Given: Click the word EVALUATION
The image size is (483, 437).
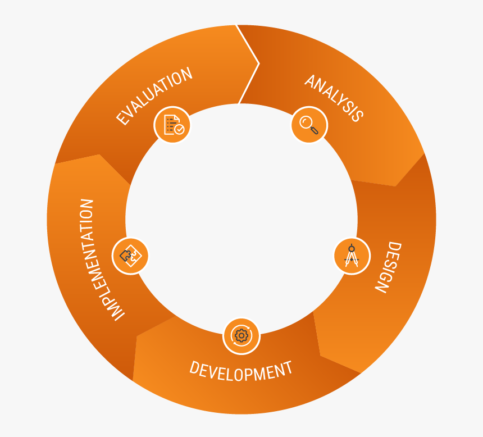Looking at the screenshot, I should point(154,96).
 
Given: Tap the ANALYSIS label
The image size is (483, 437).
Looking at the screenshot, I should point(334,98).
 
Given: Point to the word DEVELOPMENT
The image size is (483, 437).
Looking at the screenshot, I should point(241,371).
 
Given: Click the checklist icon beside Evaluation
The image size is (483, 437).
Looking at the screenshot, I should point(172,125).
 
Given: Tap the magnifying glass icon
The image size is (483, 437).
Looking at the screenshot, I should point(309,125).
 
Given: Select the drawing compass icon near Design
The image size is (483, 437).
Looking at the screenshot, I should point(352,256).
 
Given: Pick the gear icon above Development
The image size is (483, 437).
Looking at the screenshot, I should point(241,336).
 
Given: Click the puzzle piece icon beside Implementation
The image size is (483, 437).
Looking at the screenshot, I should point(130,256).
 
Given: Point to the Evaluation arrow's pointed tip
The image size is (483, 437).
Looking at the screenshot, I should point(258,63).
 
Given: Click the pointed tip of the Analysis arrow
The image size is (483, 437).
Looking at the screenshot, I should point(397,185).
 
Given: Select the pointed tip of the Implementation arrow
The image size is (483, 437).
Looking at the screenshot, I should point(99,155).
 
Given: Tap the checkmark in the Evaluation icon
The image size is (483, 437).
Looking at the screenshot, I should point(179,129).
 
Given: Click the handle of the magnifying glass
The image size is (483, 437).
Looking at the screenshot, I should point(314,130).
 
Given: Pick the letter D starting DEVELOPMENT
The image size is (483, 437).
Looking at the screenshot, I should point(194,368).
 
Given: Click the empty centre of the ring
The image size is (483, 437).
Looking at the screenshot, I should point(241,219).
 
